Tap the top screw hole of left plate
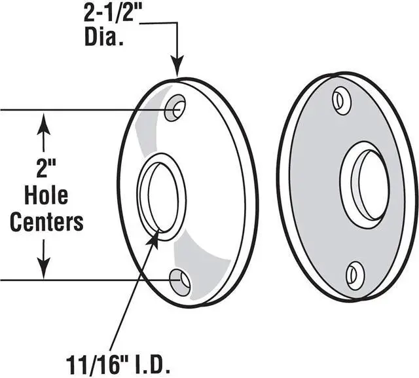pos(175,107)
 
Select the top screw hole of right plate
pos(341,100)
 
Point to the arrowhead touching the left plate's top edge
pos(177,68)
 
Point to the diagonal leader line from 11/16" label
pos(134,295)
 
